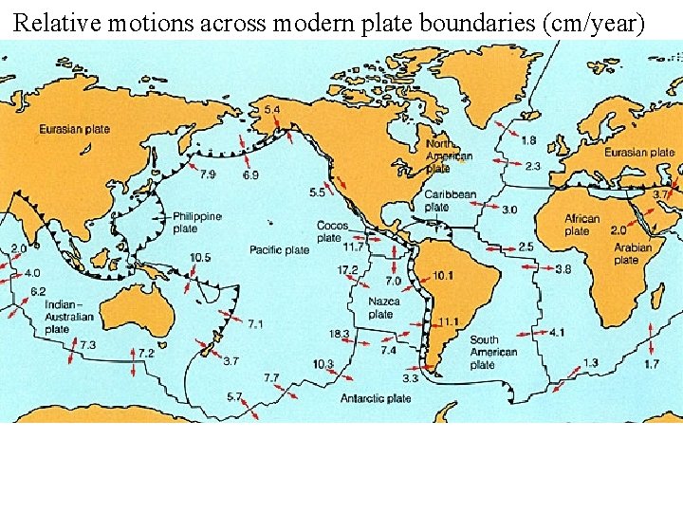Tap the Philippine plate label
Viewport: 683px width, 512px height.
click(x=197, y=223)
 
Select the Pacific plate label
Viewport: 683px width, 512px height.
click(x=279, y=250)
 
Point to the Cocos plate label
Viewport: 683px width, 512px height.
click(x=332, y=232)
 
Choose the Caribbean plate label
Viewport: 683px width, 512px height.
click(x=450, y=200)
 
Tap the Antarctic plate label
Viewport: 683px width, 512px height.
click(x=376, y=399)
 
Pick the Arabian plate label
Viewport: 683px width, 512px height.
click(x=633, y=253)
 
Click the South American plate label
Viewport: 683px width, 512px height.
click(x=493, y=352)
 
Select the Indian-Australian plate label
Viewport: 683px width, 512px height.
click(x=70, y=317)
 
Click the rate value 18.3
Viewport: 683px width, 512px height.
click(x=340, y=335)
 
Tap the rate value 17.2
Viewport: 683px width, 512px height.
click(x=348, y=270)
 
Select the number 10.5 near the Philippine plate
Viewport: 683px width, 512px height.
click(x=200, y=257)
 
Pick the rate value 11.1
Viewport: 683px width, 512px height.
click(x=448, y=322)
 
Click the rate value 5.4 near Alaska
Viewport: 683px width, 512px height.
click(x=272, y=111)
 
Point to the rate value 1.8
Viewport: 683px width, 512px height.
click(x=528, y=140)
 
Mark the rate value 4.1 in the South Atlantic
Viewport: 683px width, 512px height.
click(x=557, y=333)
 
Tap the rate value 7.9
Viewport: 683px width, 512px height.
click(x=207, y=174)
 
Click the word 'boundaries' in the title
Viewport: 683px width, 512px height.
click(x=460, y=23)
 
